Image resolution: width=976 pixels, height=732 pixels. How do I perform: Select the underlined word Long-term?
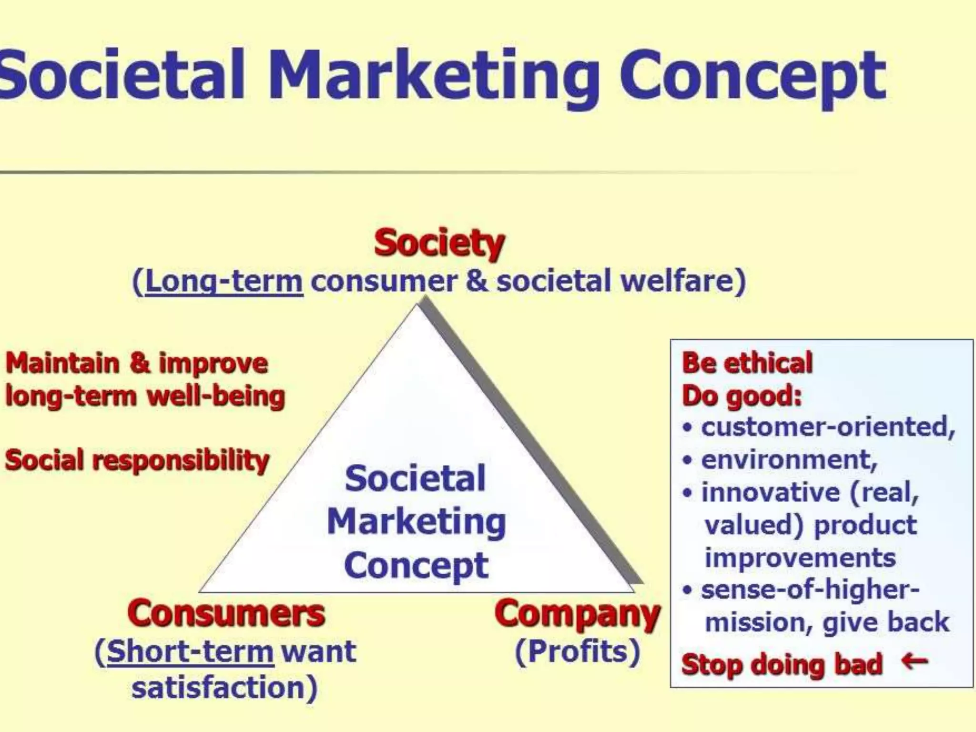224,281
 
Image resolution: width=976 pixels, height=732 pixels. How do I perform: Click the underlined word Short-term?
190,651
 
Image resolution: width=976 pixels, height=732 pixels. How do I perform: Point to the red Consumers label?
226,613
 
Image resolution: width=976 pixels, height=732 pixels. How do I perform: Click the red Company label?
577,614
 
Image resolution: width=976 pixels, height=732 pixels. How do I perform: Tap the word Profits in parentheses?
578,651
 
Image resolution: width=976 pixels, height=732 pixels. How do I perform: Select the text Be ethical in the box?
747,363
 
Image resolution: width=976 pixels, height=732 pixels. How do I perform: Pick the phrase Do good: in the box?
742,396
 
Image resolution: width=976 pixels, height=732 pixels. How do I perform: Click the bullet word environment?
789,460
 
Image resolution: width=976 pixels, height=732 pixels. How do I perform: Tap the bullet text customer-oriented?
828,427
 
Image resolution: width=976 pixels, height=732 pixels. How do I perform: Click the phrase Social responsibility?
137,460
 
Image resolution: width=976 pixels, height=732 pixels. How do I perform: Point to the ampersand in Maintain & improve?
139,363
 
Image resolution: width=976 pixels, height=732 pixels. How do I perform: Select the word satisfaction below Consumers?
224,688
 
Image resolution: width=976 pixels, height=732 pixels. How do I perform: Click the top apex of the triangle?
418,305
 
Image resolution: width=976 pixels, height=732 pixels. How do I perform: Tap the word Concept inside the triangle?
416,566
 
